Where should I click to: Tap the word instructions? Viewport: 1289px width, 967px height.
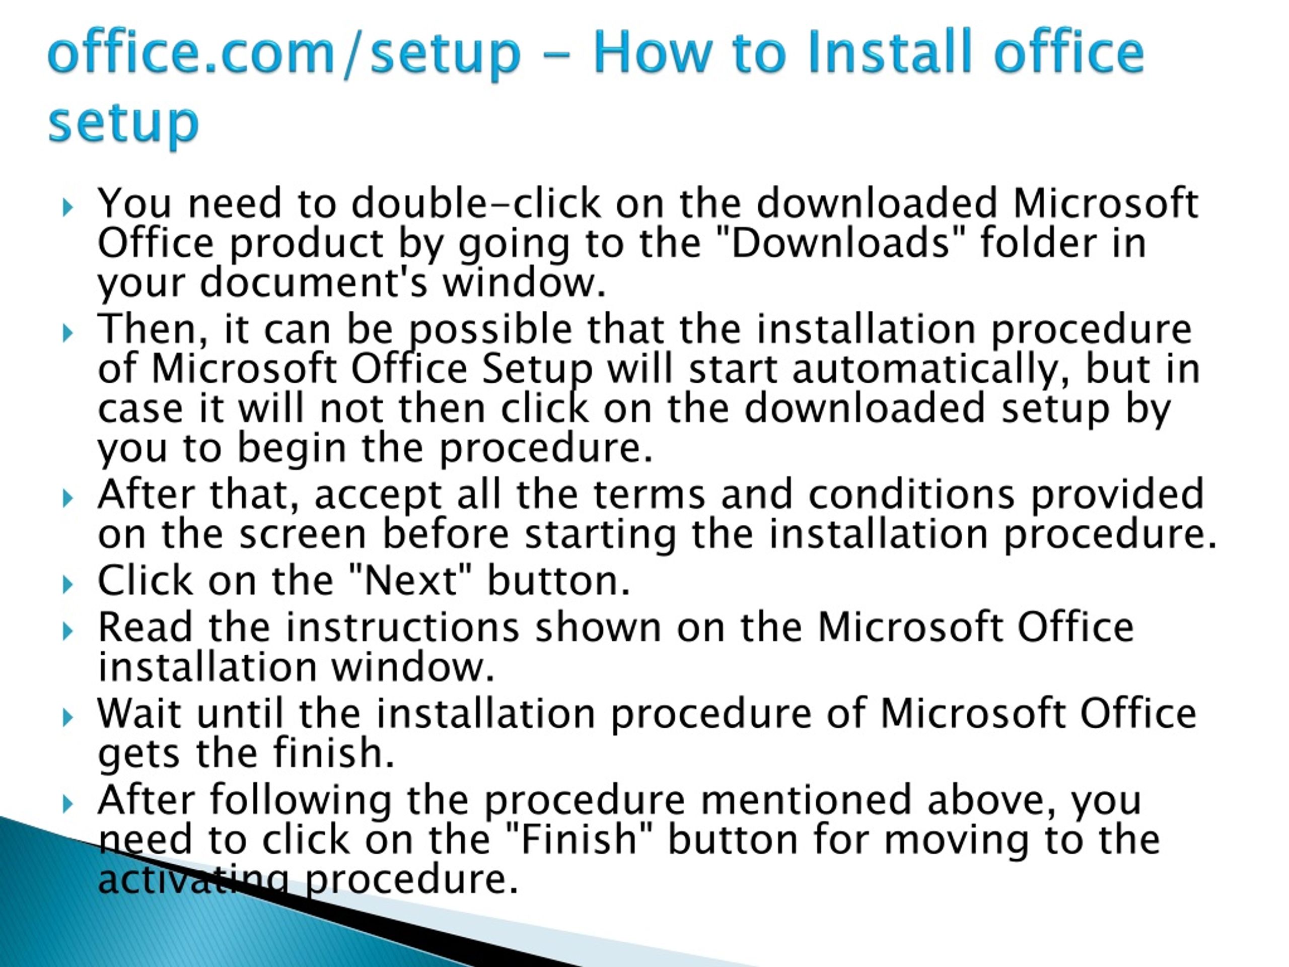402,627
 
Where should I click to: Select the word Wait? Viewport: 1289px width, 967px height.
140,714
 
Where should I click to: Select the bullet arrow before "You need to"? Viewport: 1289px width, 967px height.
68,207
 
